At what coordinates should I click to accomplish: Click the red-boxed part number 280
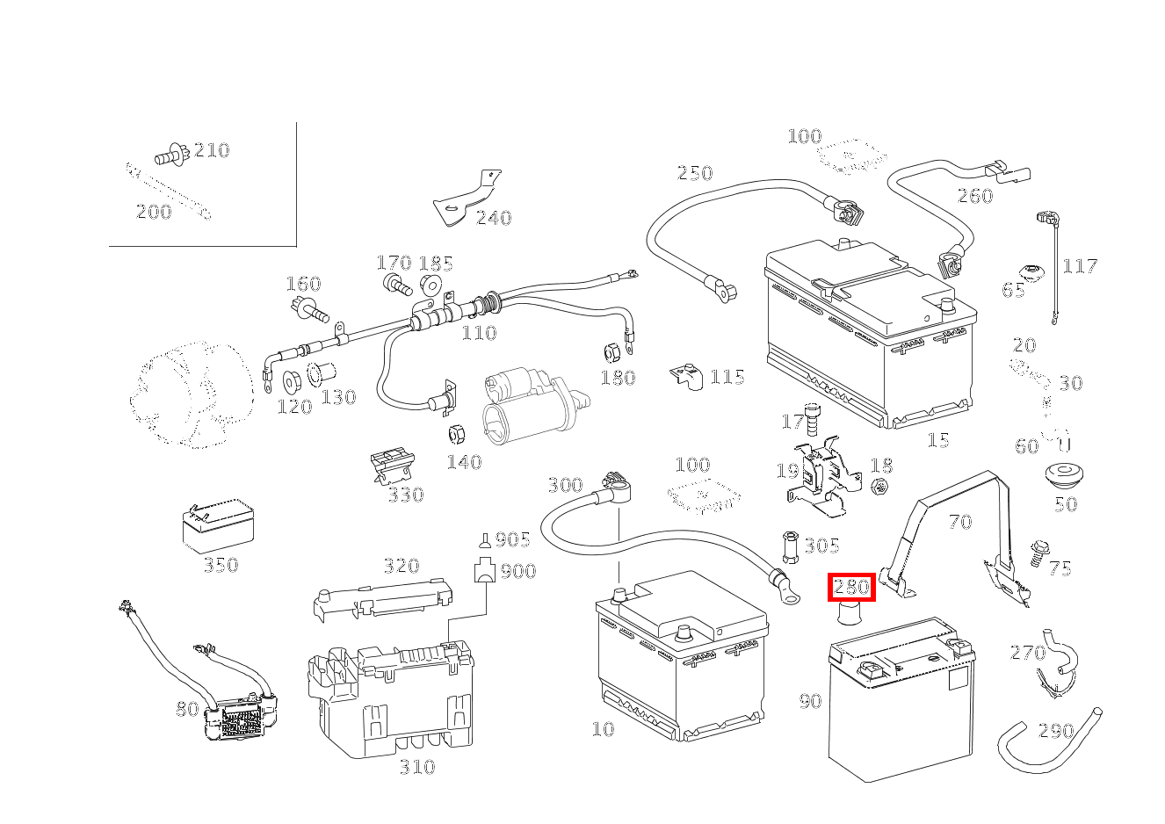click(851, 587)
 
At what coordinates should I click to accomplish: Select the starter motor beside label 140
click(527, 406)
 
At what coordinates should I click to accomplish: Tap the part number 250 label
click(694, 173)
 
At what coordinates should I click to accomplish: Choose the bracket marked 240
click(465, 201)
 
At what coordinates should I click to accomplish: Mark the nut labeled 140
click(457, 434)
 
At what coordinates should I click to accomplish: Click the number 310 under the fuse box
click(416, 767)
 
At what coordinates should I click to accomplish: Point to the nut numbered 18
click(881, 486)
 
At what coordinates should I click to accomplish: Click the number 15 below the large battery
click(938, 439)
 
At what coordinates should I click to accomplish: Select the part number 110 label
click(479, 333)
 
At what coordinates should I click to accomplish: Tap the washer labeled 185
click(431, 286)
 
